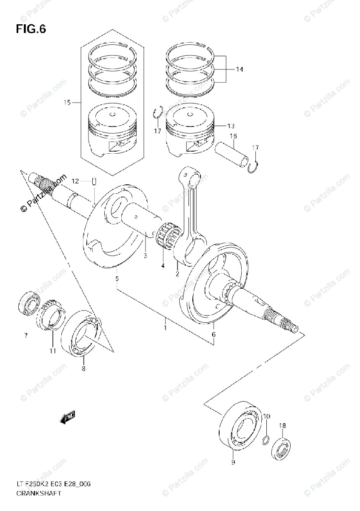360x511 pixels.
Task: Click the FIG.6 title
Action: [31, 29]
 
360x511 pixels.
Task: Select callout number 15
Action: [67, 102]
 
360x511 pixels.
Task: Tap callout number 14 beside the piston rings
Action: [239, 69]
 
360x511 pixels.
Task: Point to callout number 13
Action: [231, 126]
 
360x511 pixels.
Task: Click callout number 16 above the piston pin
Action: [233, 136]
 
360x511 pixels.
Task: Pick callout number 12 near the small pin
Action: [75, 181]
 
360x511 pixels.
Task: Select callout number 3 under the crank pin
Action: [145, 255]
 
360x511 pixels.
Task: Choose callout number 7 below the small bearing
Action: [26, 336]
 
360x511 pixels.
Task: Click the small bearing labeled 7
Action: [29, 303]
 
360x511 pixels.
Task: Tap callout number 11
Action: [52, 351]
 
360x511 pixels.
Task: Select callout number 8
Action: [83, 368]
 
